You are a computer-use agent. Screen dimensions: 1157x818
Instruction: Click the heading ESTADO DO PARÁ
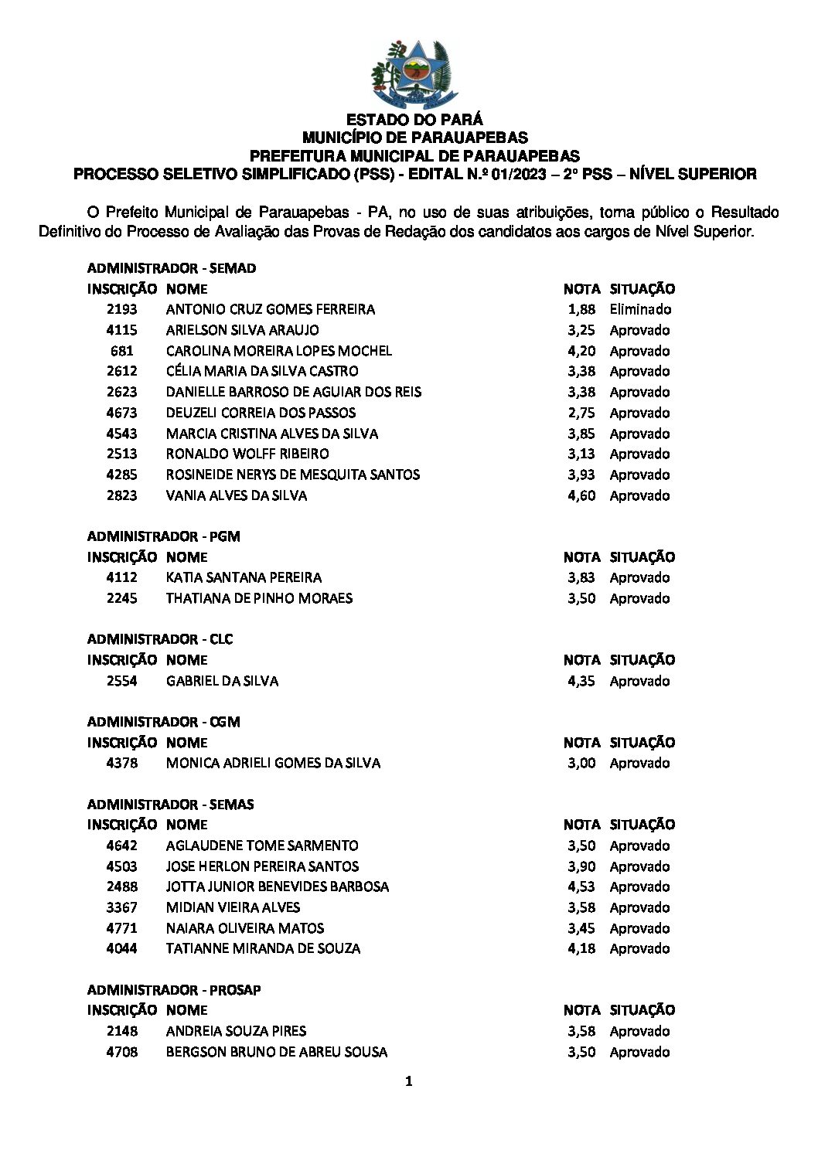pyautogui.click(x=414, y=120)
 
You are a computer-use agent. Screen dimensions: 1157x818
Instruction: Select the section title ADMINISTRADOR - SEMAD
pyautogui.click(x=172, y=268)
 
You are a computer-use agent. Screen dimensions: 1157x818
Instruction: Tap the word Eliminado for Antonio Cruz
pyautogui.click(x=640, y=309)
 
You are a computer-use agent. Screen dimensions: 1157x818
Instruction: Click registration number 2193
pyautogui.click(x=122, y=309)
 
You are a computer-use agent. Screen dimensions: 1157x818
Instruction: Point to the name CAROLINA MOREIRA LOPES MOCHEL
pyautogui.click(x=278, y=351)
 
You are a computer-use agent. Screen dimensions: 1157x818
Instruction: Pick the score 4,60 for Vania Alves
pyautogui.click(x=581, y=495)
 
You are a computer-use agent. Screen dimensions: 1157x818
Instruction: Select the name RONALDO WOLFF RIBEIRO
pyautogui.click(x=247, y=454)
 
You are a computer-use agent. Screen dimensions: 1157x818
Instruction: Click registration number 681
pyautogui.click(x=122, y=351)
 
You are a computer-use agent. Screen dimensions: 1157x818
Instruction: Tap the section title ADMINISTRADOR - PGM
pyautogui.click(x=164, y=536)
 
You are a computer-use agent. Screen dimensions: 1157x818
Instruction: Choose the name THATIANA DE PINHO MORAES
pyautogui.click(x=259, y=598)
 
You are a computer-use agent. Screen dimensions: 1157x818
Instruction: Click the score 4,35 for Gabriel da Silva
pyautogui.click(x=581, y=681)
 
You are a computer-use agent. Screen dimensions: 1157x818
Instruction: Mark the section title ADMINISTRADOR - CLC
pyautogui.click(x=160, y=639)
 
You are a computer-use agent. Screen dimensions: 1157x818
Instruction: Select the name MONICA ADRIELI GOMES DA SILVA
pyautogui.click(x=273, y=763)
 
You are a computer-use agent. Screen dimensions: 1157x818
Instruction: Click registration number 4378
pyautogui.click(x=122, y=763)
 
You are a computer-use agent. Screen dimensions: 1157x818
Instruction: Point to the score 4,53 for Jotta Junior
pyautogui.click(x=581, y=886)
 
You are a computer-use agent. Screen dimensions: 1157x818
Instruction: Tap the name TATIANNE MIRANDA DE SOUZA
pyautogui.click(x=263, y=948)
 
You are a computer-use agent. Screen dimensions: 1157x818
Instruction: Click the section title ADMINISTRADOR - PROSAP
pyautogui.click(x=174, y=990)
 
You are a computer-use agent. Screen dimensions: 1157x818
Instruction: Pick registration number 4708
pyautogui.click(x=122, y=1052)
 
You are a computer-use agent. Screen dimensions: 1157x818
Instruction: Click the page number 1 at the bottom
pyautogui.click(x=409, y=1082)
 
